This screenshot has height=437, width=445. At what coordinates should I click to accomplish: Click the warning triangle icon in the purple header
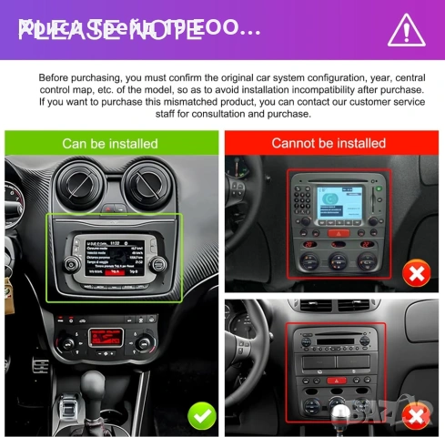pyautogui.click(x=406, y=30)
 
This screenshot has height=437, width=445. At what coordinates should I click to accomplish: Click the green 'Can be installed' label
pyautogui.click(x=109, y=143)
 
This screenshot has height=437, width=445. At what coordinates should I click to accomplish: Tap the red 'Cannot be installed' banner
pyautogui.click(x=329, y=143)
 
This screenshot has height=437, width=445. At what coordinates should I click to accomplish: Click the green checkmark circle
pyautogui.click(x=201, y=415)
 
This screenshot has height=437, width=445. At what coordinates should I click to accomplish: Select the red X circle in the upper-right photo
pyautogui.click(x=416, y=273)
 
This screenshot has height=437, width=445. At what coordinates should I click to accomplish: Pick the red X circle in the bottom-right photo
pyautogui.click(x=416, y=416)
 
